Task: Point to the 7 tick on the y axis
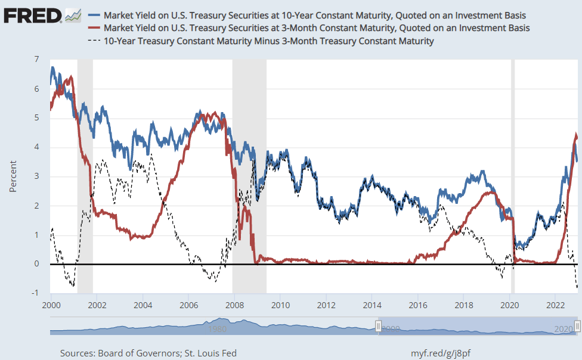[x=36, y=60]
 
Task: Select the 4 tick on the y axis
[x=36, y=147]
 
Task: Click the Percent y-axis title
[x=13, y=176]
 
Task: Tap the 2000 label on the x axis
[x=51, y=304]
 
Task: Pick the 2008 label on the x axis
[x=234, y=304]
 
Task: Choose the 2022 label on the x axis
[x=555, y=304]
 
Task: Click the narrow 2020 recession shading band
[x=513, y=179]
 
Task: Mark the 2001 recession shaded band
[x=85, y=179]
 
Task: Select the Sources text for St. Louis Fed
[x=148, y=353]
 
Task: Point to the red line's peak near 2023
[x=576, y=135]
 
